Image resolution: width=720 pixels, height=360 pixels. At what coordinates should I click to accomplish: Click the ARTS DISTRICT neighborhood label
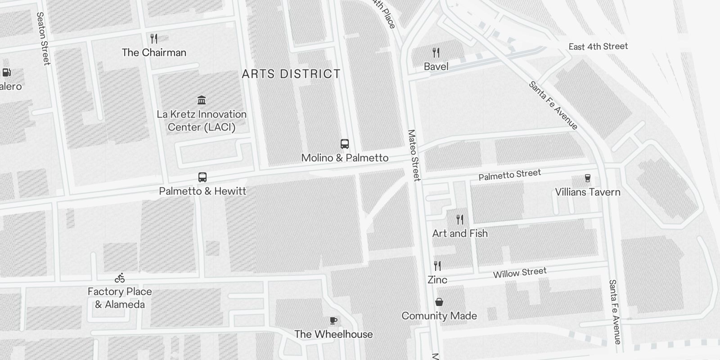click(291, 74)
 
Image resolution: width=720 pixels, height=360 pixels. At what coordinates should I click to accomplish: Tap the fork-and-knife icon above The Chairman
click(154, 39)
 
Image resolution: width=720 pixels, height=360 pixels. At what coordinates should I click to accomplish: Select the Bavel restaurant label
click(436, 67)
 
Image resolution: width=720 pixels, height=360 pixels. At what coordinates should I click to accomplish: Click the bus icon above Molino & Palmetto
click(345, 144)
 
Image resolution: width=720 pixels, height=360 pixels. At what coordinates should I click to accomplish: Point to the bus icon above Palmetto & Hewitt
click(202, 177)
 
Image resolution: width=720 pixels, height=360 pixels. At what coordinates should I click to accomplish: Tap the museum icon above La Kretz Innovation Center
click(202, 100)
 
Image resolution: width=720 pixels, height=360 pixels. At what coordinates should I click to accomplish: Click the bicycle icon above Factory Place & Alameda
click(120, 278)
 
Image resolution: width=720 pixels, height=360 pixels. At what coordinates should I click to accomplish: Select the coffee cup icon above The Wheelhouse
click(333, 320)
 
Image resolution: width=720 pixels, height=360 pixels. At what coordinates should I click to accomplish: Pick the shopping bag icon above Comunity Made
click(439, 302)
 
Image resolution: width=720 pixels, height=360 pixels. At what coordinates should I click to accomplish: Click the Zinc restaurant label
click(437, 280)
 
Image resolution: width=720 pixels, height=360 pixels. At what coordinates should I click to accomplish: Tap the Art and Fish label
click(460, 234)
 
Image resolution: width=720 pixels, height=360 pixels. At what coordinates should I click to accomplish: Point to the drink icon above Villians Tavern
click(587, 178)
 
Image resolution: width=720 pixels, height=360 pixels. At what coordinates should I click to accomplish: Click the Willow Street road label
click(520, 273)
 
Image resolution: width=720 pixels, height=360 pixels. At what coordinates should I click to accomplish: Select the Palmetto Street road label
click(509, 175)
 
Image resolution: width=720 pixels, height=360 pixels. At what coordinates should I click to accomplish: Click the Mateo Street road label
click(414, 155)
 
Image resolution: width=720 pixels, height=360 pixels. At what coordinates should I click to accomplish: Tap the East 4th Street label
click(598, 46)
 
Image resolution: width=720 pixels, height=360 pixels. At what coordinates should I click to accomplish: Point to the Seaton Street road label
click(43, 39)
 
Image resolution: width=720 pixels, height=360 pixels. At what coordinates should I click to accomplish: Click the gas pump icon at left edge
click(7, 72)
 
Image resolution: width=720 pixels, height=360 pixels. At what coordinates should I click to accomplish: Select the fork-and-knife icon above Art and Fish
click(460, 220)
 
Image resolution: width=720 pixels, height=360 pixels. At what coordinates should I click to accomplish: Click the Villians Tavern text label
click(587, 192)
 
